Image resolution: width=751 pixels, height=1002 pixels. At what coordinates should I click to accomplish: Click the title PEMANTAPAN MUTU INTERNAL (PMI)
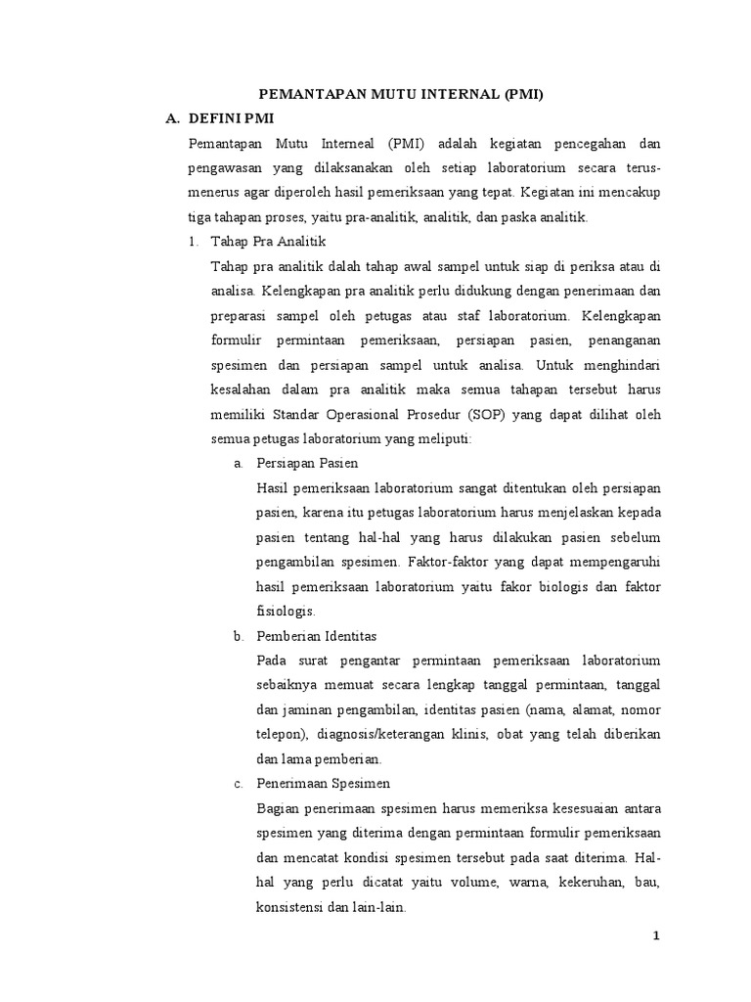(x=399, y=95)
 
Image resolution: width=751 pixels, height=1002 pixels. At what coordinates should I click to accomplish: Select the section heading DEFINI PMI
(x=231, y=118)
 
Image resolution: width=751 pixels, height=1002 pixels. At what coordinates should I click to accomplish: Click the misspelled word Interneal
(x=346, y=143)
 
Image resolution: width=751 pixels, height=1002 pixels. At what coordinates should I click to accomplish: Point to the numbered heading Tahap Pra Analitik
(x=267, y=241)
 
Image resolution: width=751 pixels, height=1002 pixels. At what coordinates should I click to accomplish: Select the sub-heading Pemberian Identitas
(x=315, y=636)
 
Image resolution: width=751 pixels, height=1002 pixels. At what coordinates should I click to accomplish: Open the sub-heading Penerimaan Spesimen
(x=322, y=783)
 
